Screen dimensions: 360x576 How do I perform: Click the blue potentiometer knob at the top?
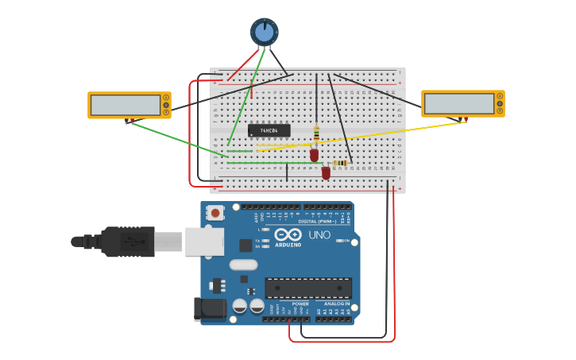[x=265, y=32]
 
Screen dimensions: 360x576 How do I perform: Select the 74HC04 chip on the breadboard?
[x=269, y=130]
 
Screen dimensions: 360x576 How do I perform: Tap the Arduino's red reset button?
[x=214, y=212]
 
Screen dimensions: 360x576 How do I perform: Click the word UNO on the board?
[x=319, y=235]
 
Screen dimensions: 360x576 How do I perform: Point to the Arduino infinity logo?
[x=287, y=234]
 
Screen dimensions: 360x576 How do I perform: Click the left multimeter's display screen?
[x=126, y=104]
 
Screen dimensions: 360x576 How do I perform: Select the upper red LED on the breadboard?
[x=315, y=154]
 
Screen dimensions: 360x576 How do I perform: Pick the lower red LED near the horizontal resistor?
[x=326, y=172]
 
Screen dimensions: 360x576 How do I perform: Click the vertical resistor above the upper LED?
[x=316, y=133]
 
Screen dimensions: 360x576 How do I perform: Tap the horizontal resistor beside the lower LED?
[x=341, y=163]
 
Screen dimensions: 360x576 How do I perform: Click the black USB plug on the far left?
[x=119, y=242]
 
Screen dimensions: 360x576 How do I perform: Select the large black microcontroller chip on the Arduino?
[x=308, y=288]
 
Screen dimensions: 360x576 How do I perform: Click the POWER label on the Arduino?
[x=300, y=304]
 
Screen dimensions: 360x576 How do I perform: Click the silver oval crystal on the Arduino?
[x=243, y=265]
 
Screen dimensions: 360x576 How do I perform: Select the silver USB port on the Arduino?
[x=204, y=241]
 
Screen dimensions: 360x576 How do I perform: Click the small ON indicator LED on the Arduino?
[x=339, y=240]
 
